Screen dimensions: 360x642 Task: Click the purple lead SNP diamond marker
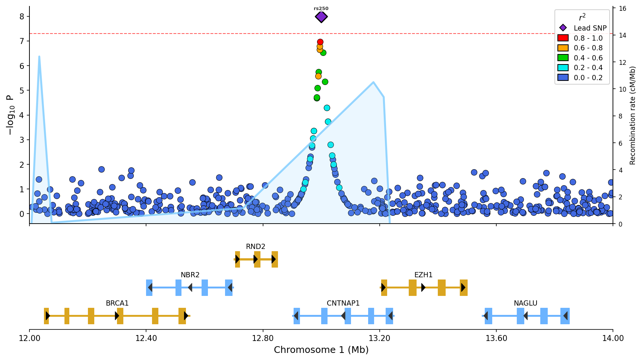321,17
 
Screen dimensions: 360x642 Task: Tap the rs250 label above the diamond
321,9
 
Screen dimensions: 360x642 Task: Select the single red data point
320,42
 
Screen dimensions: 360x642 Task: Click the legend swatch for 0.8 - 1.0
563,38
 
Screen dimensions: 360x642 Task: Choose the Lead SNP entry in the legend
590,28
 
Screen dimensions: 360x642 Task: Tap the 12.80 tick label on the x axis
263,338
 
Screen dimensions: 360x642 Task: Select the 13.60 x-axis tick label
496,338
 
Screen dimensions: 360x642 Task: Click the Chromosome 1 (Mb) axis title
321,350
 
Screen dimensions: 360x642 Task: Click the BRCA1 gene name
117,303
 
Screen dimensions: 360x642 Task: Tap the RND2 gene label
256,247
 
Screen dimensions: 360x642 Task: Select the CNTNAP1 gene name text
343,303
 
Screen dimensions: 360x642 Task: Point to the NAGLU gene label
525,303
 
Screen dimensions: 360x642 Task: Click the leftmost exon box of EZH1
384,288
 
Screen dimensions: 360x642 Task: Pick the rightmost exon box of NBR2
229,288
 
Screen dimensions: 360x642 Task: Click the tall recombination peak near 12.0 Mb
39,57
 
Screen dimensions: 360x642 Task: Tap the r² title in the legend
582,18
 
